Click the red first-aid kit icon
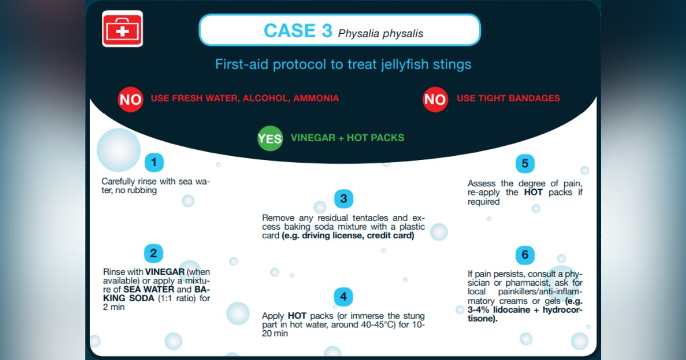click(x=122, y=29)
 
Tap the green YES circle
click(x=270, y=138)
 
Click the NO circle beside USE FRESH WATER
click(x=130, y=99)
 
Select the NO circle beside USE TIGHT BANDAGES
click(x=435, y=99)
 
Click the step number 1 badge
click(x=154, y=162)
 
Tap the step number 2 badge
click(x=153, y=253)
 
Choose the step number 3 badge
click(x=344, y=199)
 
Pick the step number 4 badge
click(x=344, y=297)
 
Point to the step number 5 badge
click(x=525, y=163)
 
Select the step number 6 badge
click(x=525, y=255)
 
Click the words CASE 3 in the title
click(x=298, y=31)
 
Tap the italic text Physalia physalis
click(x=380, y=33)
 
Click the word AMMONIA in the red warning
click(x=316, y=98)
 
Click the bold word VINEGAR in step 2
click(x=165, y=272)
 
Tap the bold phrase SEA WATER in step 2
click(x=149, y=289)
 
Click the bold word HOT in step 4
click(x=297, y=315)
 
